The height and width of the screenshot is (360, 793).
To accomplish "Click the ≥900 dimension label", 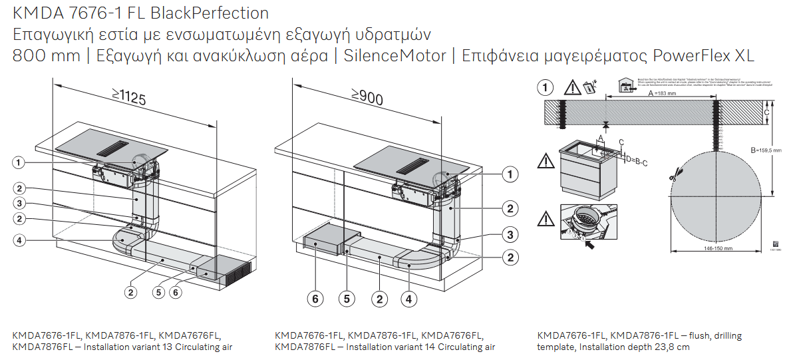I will (367, 98).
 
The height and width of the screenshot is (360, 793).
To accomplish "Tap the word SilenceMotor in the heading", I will (395, 56).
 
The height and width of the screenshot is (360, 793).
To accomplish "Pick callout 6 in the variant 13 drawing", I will (176, 291).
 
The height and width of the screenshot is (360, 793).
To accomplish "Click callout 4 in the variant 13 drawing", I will (20, 241).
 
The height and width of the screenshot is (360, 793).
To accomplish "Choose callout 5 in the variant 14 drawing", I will (346, 299).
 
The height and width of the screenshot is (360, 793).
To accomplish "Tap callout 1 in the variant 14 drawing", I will (510, 175).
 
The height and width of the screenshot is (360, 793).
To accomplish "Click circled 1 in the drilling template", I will (546, 87).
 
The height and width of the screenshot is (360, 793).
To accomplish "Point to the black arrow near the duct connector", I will (589, 245).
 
